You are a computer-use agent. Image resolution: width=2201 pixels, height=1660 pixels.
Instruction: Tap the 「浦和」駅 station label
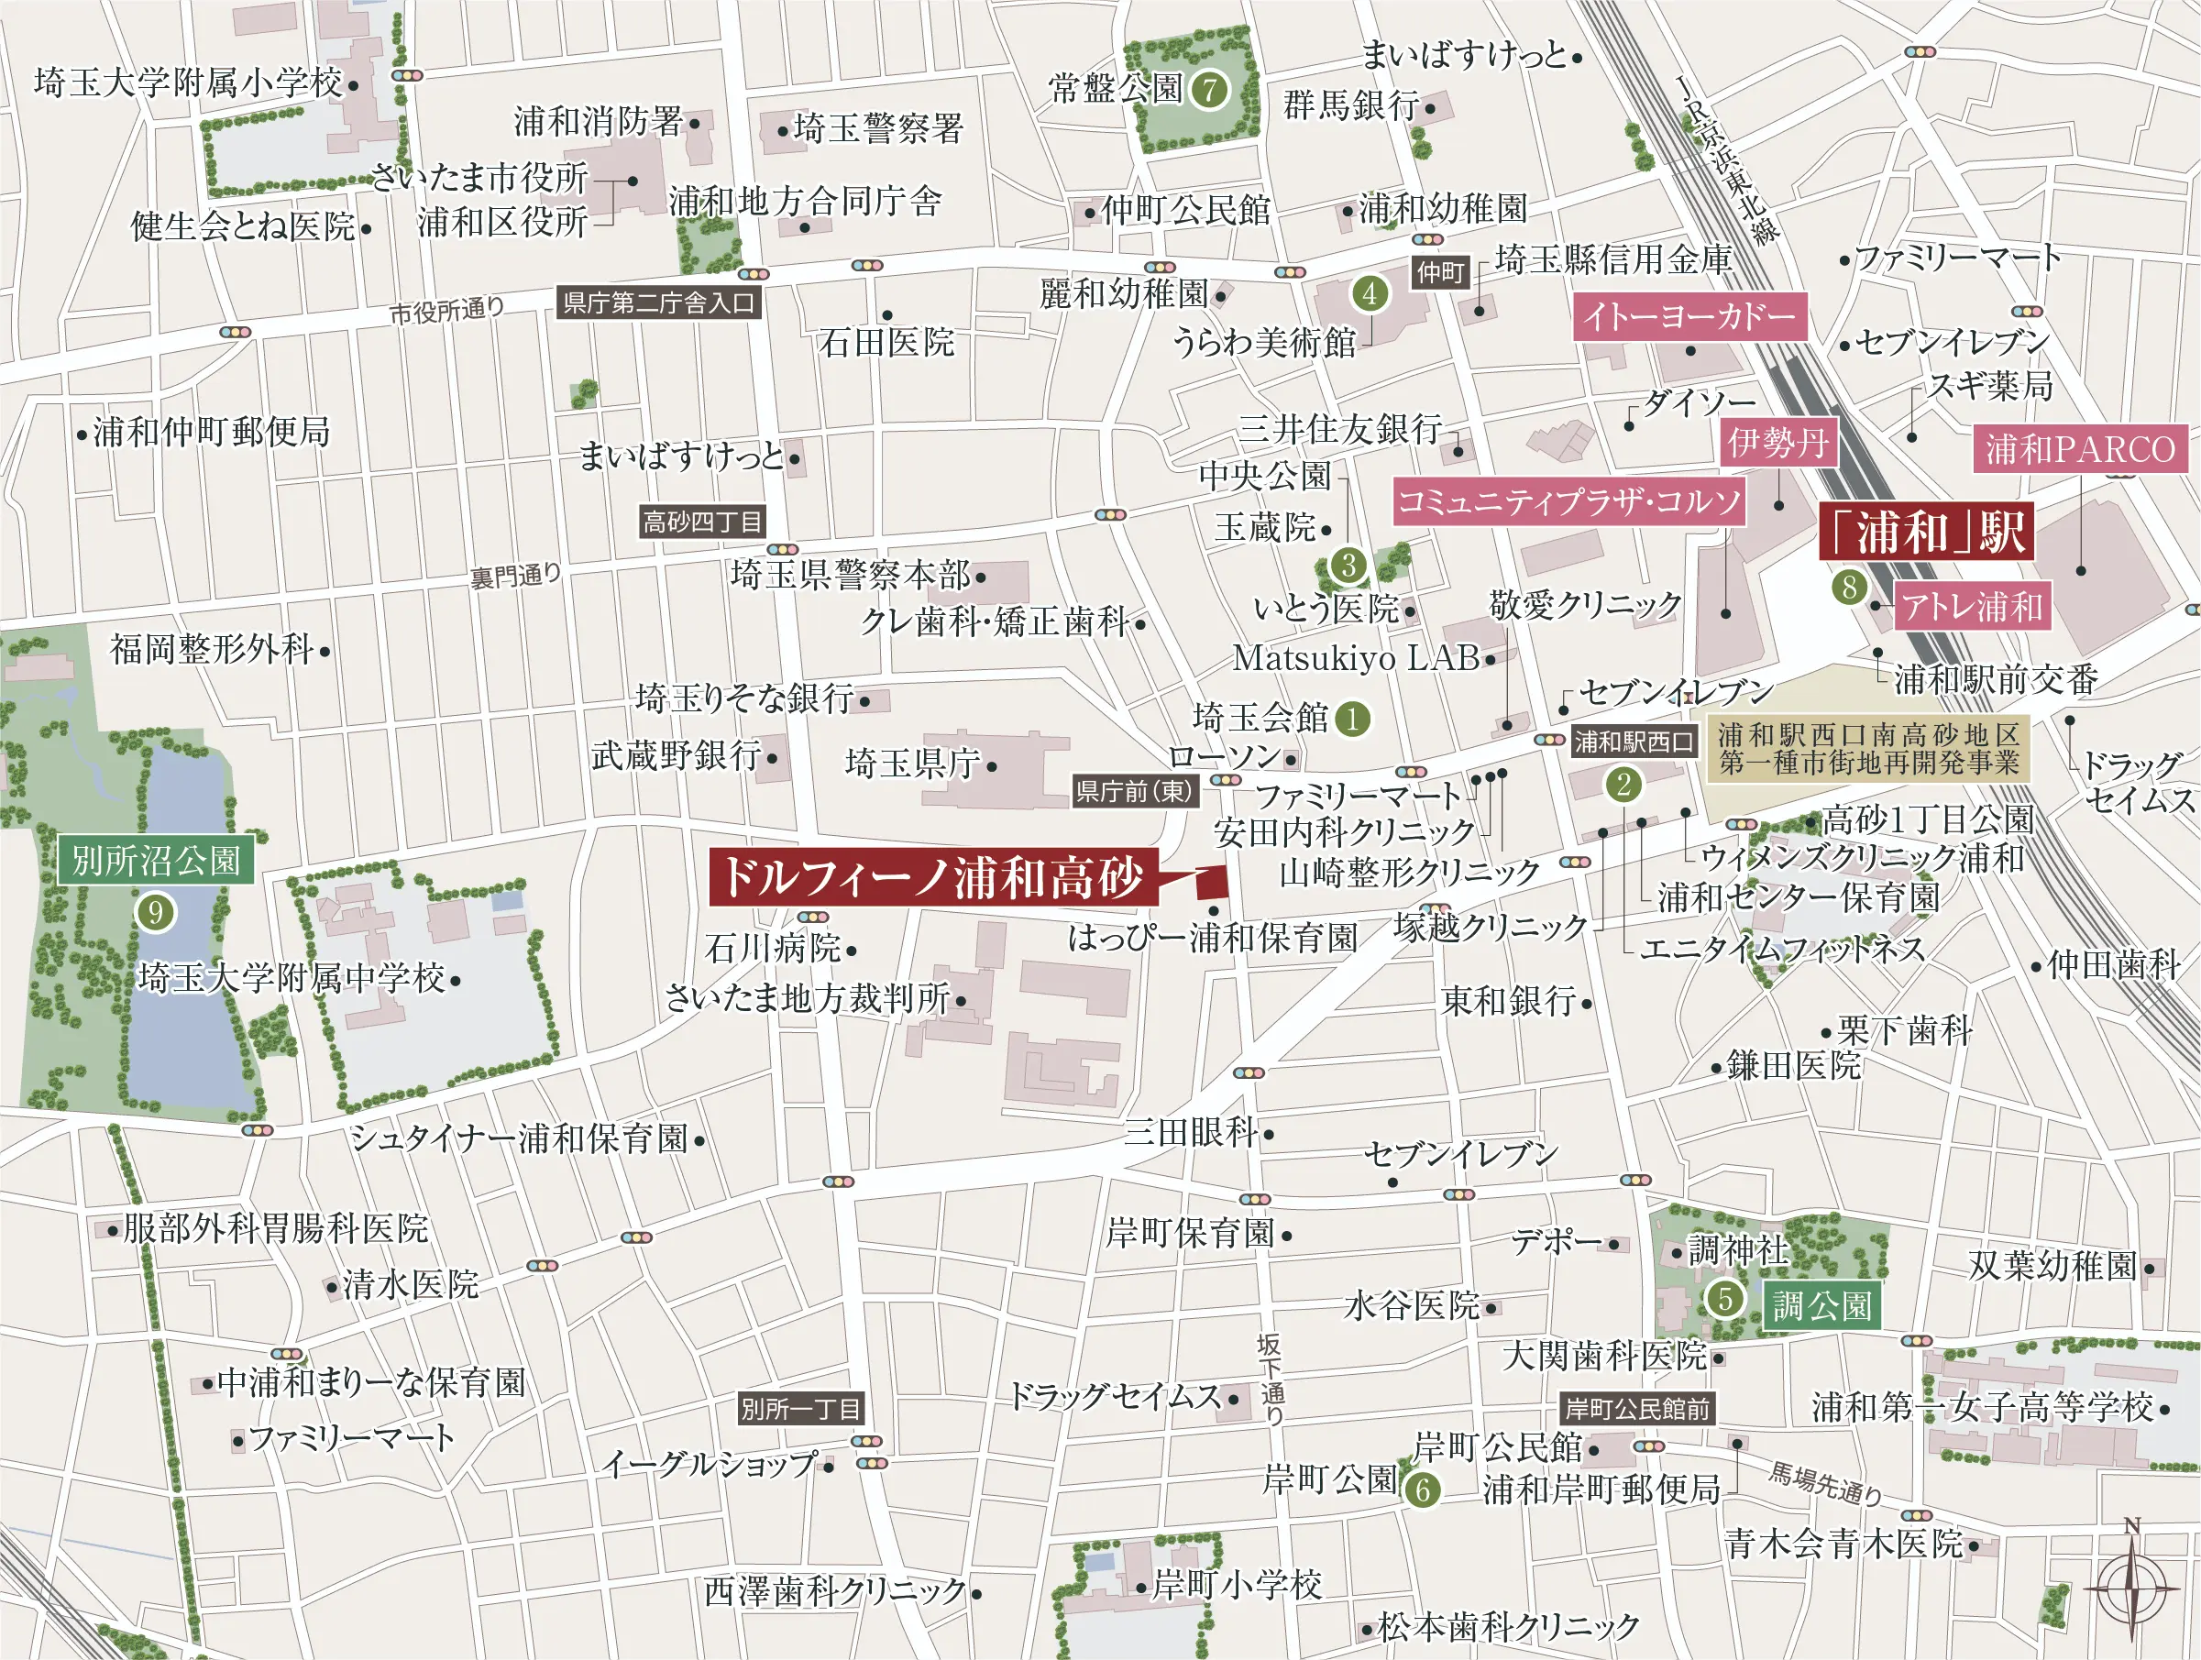click(x=1926, y=532)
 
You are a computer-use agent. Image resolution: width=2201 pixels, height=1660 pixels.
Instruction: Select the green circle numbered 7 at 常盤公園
click(x=1209, y=91)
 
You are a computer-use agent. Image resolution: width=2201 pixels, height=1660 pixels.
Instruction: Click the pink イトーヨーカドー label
click(x=1689, y=316)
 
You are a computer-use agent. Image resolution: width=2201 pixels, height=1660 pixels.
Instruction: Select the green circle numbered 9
click(x=155, y=912)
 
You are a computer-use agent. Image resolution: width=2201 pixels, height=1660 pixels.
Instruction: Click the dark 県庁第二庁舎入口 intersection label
click(x=659, y=302)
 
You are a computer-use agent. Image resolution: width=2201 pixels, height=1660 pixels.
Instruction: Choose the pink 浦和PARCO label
click(x=2080, y=449)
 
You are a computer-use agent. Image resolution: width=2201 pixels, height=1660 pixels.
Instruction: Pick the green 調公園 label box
click(x=1821, y=1305)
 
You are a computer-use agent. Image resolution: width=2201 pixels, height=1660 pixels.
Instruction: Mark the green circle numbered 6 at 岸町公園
click(x=1423, y=1490)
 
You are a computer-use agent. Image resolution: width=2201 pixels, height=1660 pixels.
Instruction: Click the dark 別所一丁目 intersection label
click(x=800, y=1408)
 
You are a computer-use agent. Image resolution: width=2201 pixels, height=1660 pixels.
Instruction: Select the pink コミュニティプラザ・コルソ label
click(x=1569, y=501)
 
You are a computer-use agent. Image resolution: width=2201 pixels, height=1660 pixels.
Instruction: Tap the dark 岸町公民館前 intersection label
click(x=1637, y=1408)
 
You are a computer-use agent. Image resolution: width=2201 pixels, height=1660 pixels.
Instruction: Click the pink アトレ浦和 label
click(x=1972, y=606)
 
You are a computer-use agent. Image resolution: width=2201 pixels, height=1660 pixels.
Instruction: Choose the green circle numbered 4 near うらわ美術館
click(x=1370, y=293)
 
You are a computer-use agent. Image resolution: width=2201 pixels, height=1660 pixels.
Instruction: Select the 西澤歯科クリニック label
click(x=835, y=1592)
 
